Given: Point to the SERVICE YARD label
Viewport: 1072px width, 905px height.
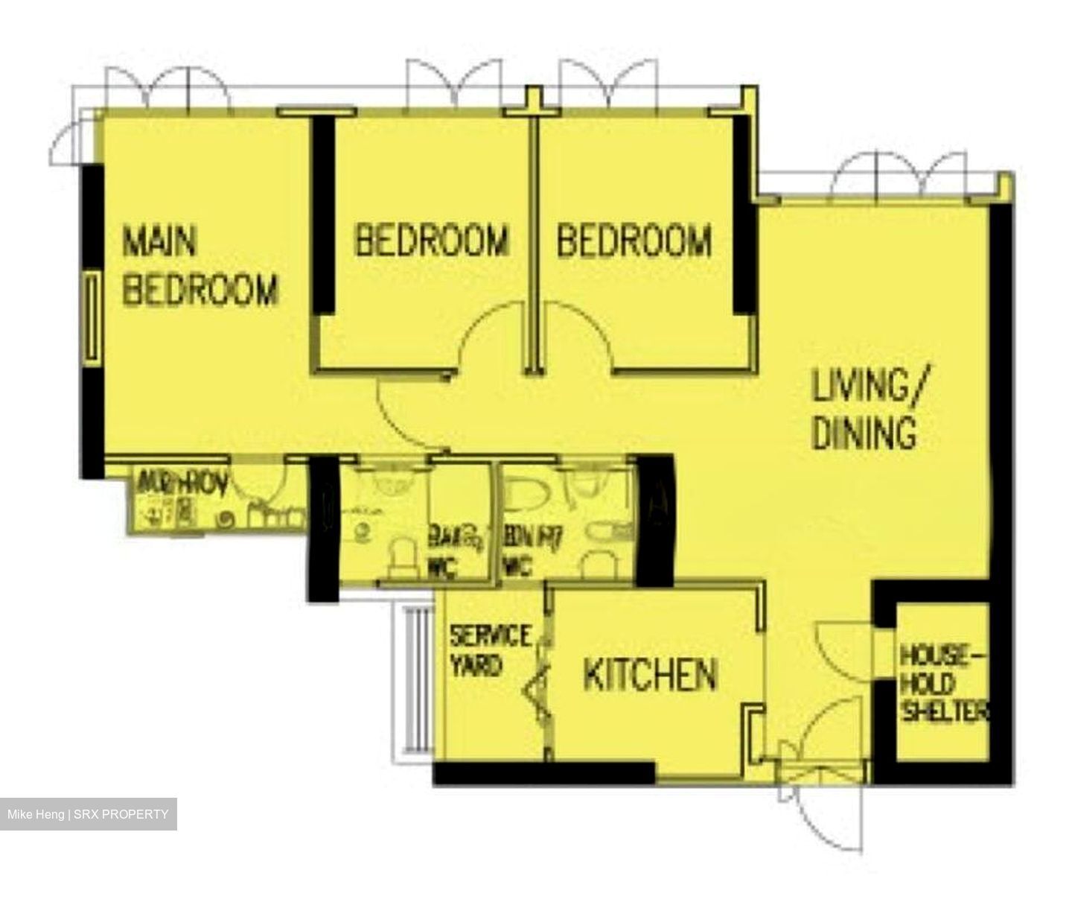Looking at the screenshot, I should (x=490, y=650).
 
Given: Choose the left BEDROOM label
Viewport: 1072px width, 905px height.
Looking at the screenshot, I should (x=432, y=241).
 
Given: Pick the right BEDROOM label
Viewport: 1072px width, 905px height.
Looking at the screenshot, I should (x=634, y=241).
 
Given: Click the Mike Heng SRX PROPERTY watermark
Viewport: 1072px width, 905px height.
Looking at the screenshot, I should (x=88, y=814).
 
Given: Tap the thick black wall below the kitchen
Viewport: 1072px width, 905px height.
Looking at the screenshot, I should (x=543, y=773).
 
